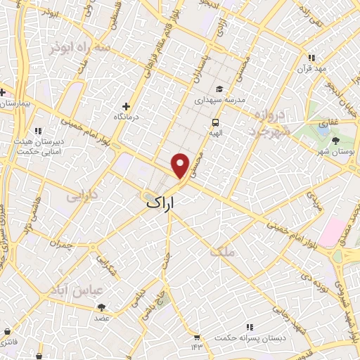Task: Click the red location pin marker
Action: [181, 165]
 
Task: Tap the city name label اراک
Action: [164, 202]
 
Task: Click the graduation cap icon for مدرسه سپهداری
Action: [219, 89]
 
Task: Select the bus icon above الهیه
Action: [214, 122]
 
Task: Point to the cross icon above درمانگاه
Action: [127, 106]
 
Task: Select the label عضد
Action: [103, 319]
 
